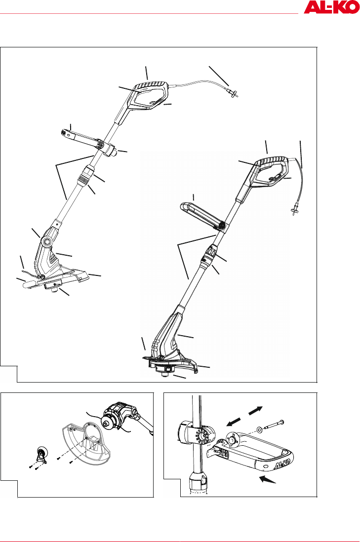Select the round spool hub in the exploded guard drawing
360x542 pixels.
(x=106, y=423)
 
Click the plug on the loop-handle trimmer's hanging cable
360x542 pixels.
(x=295, y=210)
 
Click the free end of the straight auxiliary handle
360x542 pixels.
(x=63, y=132)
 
